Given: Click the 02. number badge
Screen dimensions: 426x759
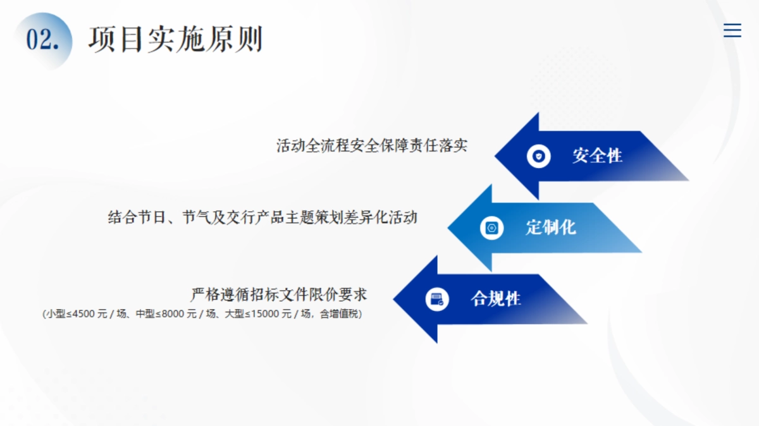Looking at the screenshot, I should [42, 40].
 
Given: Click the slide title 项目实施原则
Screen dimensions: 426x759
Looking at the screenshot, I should [175, 40].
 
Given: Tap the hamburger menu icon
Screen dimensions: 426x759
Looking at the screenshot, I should [732, 30].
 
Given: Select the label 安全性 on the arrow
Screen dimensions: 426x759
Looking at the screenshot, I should [597, 155].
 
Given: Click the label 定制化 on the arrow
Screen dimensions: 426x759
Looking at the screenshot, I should [550, 227].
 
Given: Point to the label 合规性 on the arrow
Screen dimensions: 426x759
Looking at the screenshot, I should [495, 298].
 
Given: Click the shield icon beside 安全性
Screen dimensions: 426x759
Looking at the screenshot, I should [538, 156].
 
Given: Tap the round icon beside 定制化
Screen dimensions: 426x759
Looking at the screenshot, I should [491, 228].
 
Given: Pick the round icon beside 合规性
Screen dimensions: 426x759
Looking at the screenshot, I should [436, 299].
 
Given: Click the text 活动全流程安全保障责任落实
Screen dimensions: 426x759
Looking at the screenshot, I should [372, 146].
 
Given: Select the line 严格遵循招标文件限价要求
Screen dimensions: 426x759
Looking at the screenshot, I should [278, 295].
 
